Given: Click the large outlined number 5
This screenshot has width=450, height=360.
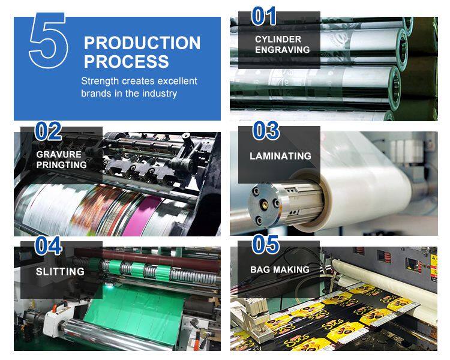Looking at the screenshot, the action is (x=48, y=40).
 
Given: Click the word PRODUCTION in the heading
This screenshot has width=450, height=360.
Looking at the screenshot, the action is (x=142, y=43).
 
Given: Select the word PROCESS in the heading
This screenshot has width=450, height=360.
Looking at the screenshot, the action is (x=126, y=61).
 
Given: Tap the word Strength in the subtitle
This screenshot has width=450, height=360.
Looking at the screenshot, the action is (x=100, y=81).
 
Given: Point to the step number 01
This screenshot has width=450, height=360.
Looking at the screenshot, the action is (x=264, y=16).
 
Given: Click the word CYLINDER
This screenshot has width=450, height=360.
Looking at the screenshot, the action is (x=278, y=40).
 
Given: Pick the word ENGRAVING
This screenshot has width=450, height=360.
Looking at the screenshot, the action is (x=283, y=50).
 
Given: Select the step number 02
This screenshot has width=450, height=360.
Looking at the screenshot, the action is (x=48, y=131).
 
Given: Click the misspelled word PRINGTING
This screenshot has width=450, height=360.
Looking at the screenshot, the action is (x=61, y=165).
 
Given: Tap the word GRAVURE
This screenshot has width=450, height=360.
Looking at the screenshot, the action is (x=59, y=154).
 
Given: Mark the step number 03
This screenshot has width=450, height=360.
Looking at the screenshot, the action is (x=266, y=131).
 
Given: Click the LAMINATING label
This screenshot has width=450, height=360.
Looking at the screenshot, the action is (x=280, y=156).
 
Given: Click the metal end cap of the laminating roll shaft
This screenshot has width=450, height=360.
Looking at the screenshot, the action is (x=265, y=205).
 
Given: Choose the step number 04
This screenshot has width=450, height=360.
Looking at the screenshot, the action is (x=48, y=245).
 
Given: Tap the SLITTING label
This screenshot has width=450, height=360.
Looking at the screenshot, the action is (x=60, y=272).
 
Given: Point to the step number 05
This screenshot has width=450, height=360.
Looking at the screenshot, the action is (x=265, y=245).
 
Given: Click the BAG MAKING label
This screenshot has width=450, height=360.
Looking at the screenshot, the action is (x=280, y=270).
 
